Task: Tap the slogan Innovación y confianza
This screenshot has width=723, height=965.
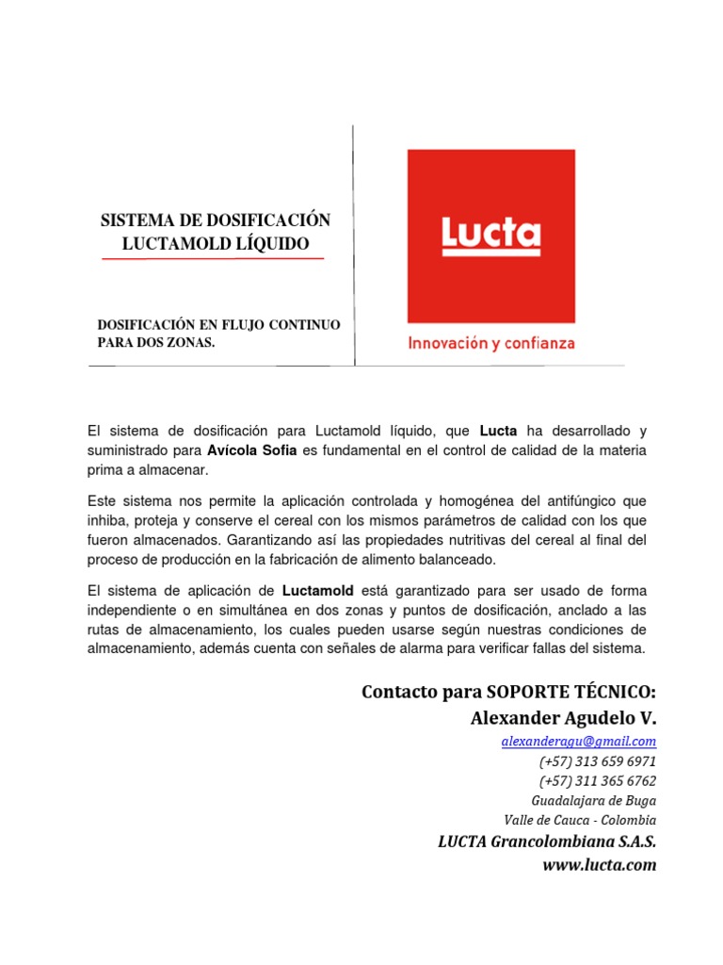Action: (x=490, y=343)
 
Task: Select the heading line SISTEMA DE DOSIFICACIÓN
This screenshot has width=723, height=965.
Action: (x=216, y=221)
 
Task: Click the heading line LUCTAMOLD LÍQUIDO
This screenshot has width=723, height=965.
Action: (x=216, y=243)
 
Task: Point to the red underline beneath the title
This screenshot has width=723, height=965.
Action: (x=212, y=257)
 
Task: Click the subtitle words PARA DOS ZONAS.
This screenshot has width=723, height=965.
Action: (x=156, y=342)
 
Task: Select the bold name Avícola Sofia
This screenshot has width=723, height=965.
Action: (x=251, y=450)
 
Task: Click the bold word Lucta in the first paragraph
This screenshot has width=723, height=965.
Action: (x=499, y=431)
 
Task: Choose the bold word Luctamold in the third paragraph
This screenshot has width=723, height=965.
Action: (x=318, y=591)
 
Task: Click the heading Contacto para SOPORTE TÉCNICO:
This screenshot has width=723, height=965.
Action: (x=508, y=693)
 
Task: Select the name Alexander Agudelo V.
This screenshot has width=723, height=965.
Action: (x=563, y=718)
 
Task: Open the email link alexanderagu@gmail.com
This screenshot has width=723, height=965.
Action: (x=578, y=742)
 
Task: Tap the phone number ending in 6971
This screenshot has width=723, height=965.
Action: (x=597, y=761)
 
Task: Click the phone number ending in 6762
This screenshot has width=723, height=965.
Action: (x=597, y=781)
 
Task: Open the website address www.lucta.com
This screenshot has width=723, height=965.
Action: (x=599, y=864)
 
